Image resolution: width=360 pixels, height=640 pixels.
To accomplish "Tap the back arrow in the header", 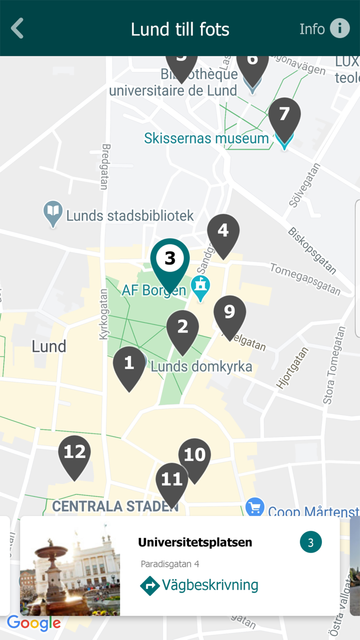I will [x=17, y=28].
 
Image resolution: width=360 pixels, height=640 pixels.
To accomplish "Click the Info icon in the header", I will [x=339, y=28].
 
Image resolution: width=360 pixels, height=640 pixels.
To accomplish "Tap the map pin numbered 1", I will [x=129, y=365].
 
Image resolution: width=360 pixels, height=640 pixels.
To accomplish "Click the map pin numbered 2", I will [x=183, y=329].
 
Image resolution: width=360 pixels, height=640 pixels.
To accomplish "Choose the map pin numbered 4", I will [x=223, y=233].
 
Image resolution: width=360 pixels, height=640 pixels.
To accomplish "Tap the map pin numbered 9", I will [x=229, y=314].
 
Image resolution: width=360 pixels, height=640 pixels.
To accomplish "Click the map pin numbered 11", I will [x=172, y=482].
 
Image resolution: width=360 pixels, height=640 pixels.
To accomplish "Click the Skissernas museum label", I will [x=206, y=138].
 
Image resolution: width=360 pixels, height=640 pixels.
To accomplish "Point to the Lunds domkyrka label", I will [x=201, y=367].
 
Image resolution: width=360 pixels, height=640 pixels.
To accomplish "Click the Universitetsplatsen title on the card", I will [x=195, y=542].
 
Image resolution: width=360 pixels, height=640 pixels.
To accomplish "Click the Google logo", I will [x=34, y=624].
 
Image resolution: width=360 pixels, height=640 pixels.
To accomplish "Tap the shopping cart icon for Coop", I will [x=255, y=507].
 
